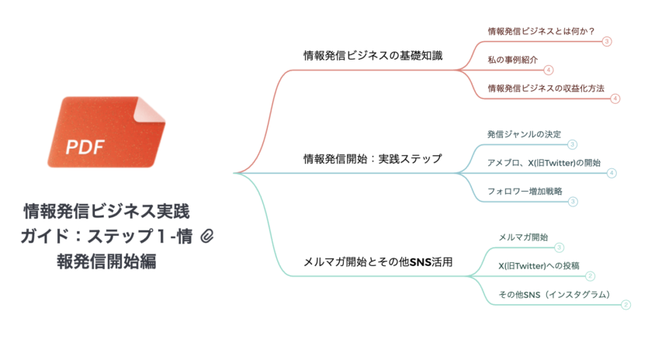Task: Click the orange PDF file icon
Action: (106, 132)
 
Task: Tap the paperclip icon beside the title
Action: (207, 237)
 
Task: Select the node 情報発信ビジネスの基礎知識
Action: (373, 56)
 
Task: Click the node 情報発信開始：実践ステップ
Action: (373, 159)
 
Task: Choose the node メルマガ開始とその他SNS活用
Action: (378, 262)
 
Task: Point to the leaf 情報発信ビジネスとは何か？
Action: (542, 31)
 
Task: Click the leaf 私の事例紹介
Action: (513, 60)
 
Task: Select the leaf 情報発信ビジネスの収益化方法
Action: (546, 88)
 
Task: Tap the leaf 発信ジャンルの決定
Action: (525, 134)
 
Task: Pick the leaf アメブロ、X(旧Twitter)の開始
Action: (544, 162)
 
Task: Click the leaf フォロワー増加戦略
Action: (525, 192)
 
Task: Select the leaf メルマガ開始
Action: (523, 237)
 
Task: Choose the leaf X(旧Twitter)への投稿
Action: (539, 265)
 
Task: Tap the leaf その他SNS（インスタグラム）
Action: (554, 294)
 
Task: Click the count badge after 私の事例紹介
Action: (549, 70)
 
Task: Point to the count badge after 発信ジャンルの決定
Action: (572, 144)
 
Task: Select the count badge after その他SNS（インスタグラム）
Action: (626, 305)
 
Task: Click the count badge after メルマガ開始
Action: (560, 247)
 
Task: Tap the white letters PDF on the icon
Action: (85, 147)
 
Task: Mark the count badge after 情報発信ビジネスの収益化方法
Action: (615, 99)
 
